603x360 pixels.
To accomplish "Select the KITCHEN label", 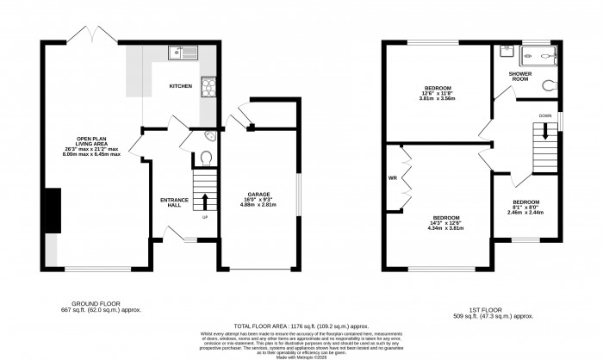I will coord(180,87).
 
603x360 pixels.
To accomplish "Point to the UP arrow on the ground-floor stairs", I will coord(205,202).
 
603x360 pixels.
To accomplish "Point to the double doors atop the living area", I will coord(92,36).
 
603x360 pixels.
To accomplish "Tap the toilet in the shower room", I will coord(549,86).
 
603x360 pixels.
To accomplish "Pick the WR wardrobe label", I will coord(394,179).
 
